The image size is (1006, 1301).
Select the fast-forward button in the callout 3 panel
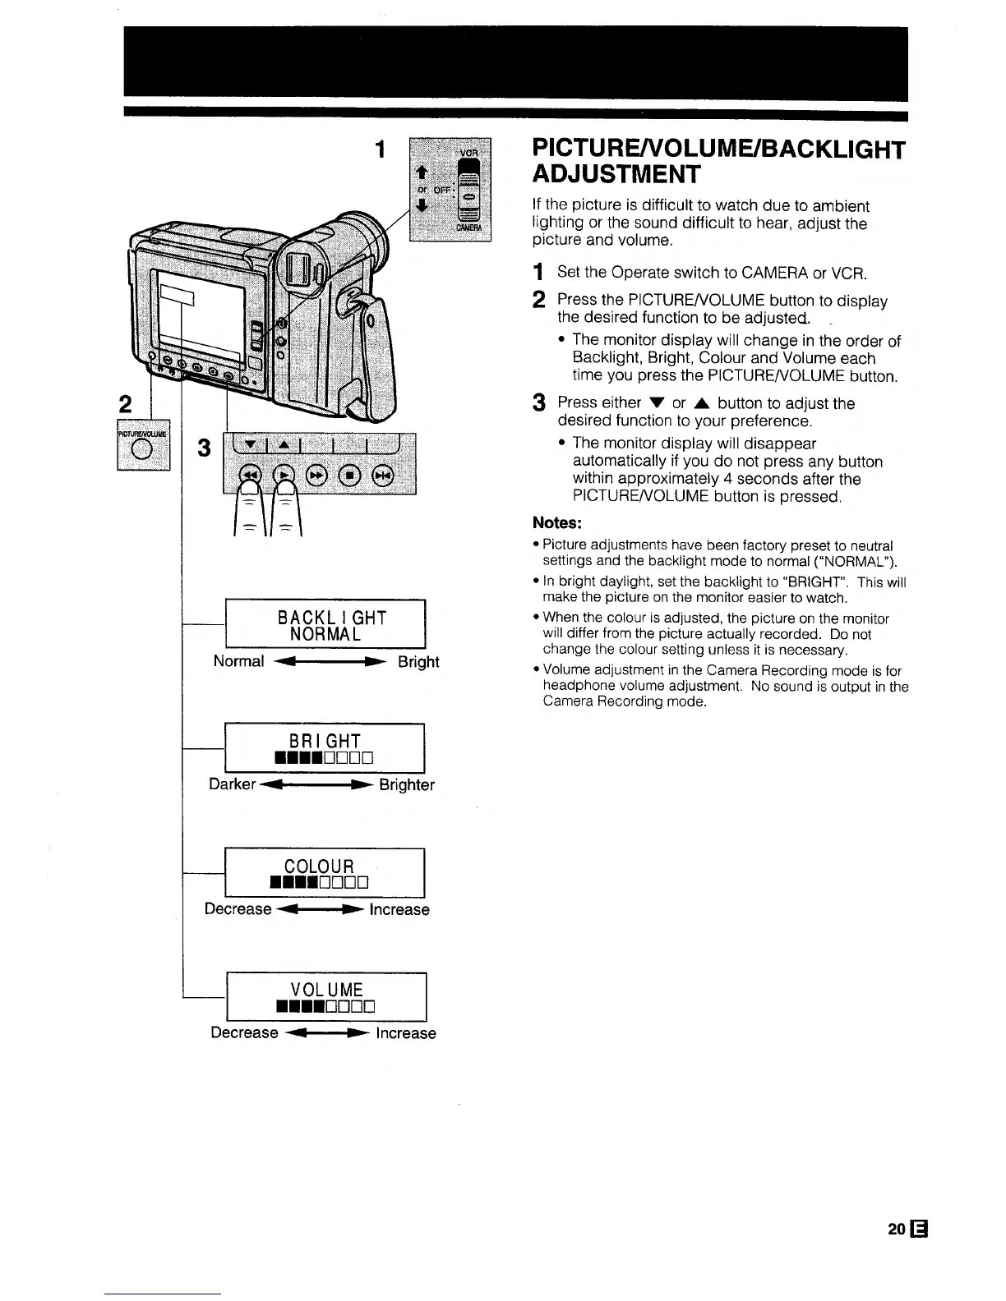pos(316,475)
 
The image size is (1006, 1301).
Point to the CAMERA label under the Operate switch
pos(470,228)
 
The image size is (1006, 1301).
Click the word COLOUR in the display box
pos(319,866)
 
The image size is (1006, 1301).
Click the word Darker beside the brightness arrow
pos(233,784)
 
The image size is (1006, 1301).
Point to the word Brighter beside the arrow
pos(407,785)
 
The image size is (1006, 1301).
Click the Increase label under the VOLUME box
pos(406,1033)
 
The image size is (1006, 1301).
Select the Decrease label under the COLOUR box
pos(238,909)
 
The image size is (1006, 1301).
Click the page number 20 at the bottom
pos(896,1230)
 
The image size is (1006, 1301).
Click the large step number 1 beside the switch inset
pos(380,149)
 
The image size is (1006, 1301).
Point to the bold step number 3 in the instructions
pos(539,403)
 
